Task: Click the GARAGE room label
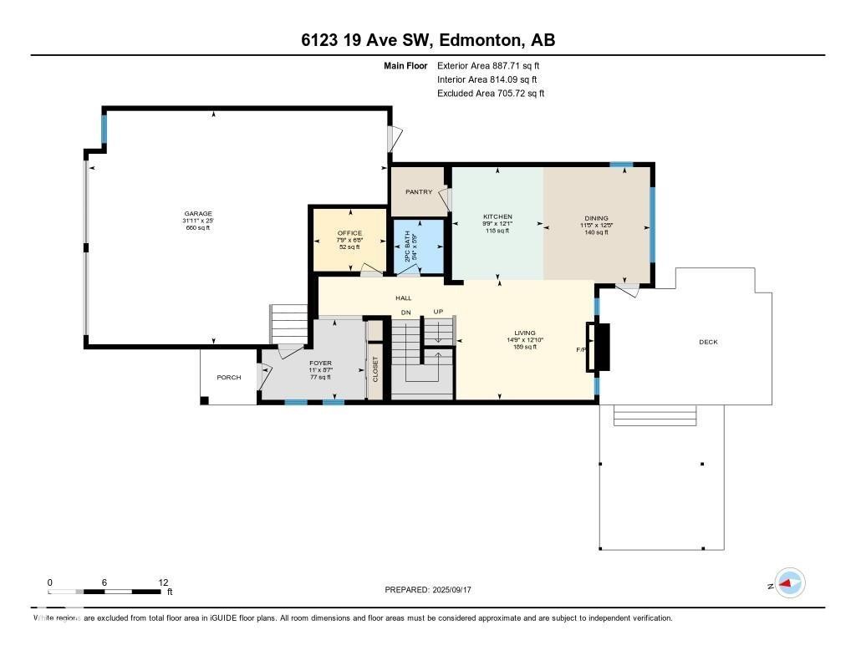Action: (x=198, y=213)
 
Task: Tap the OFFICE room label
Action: (x=349, y=232)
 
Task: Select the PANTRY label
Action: (x=418, y=192)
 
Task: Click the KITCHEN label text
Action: (x=497, y=216)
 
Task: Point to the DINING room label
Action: (x=596, y=218)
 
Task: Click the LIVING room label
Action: (x=525, y=333)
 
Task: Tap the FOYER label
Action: (x=321, y=363)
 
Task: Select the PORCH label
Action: (x=229, y=378)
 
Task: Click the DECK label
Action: (x=708, y=342)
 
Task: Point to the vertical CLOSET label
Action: (x=375, y=369)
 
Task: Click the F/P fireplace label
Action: (x=581, y=349)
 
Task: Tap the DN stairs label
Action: (x=406, y=312)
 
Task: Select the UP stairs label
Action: (x=437, y=312)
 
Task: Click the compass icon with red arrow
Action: (x=789, y=583)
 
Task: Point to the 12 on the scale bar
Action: (x=163, y=582)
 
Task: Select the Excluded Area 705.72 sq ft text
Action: (x=491, y=94)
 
